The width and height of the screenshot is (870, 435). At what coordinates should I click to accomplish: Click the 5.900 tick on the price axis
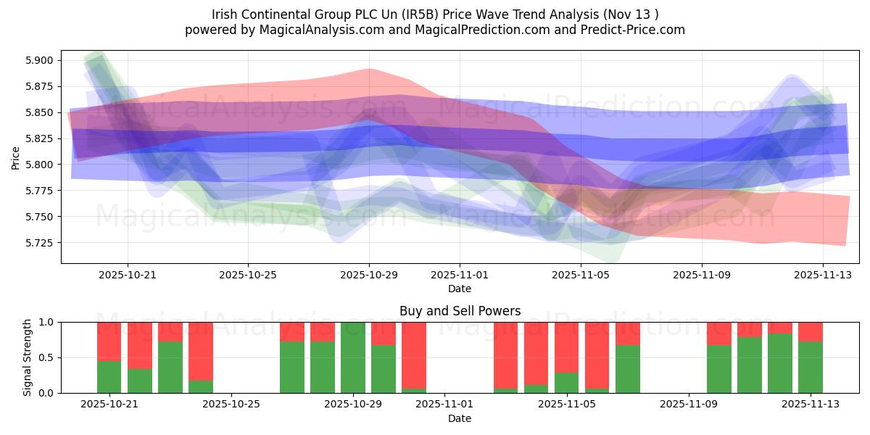click(x=40, y=60)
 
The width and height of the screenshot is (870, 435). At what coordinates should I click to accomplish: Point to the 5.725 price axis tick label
click(x=40, y=243)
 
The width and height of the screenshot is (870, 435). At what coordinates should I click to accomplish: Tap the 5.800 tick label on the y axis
click(x=40, y=165)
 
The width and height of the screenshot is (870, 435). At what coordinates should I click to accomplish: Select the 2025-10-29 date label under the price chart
click(x=369, y=275)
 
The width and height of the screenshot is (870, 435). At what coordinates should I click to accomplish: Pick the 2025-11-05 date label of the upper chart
click(x=581, y=275)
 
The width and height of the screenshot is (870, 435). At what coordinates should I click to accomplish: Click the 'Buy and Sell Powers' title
click(x=460, y=311)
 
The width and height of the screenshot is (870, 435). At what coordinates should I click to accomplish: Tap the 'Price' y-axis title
click(x=16, y=157)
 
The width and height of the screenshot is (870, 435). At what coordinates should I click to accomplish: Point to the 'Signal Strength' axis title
click(x=27, y=357)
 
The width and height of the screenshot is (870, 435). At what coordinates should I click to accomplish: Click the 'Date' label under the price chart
click(x=460, y=289)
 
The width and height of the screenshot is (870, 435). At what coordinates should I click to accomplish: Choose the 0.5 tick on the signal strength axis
click(x=46, y=357)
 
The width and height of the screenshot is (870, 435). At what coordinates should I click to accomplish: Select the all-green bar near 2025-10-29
click(x=353, y=357)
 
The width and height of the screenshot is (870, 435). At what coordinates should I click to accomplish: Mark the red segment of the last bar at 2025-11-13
click(x=811, y=331)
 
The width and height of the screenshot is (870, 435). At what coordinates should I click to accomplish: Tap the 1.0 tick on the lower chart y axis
click(x=46, y=322)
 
